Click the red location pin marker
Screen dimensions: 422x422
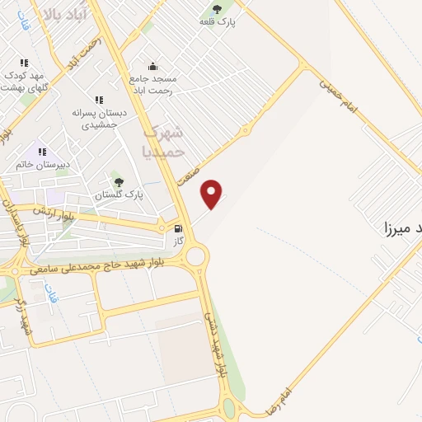pyautogui.click(x=212, y=194)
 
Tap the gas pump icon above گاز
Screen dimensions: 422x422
pyautogui.click(x=178, y=227)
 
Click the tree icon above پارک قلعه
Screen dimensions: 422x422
pyautogui.click(x=218, y=9)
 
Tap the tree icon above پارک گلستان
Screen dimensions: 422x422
pyautogui.click(x=119, y=181)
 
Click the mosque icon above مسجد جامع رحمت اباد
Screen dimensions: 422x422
pyautogui.click(x=152, y=66)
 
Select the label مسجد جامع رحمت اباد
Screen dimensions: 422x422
pyautogui.click(x=152, y=84)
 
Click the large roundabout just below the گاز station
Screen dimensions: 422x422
pyautogui.click(x=195, y=256)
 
